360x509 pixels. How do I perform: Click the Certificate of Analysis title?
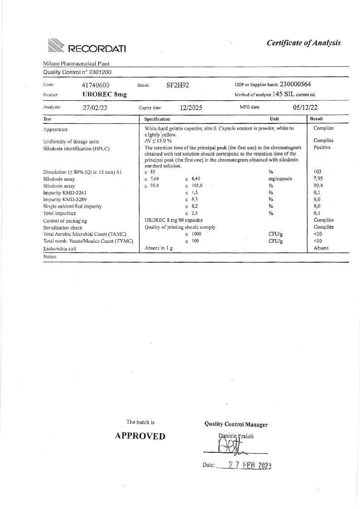coord(303,43)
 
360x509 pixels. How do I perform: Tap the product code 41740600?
coord(96,85)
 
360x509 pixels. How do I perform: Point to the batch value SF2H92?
coord(177,85)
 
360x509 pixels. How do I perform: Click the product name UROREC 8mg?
coord(104,94)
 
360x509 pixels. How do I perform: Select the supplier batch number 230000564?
coord(295,84)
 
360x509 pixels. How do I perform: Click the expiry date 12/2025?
coord(191,108)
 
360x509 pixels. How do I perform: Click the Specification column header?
coord(157,119)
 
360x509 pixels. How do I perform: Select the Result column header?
coord(316,119)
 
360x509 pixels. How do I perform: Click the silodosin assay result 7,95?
coord(319,179)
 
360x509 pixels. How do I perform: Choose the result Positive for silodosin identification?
coord(322,147)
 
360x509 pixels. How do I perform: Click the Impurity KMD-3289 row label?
coord(65,199)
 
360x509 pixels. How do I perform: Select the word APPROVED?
coord(140,436)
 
